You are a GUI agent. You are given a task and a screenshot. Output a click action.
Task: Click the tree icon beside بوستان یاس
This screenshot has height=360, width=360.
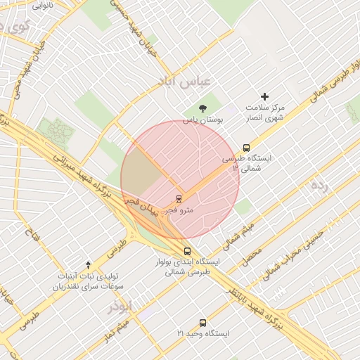203,108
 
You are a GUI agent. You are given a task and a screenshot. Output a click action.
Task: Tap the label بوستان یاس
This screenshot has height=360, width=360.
203,120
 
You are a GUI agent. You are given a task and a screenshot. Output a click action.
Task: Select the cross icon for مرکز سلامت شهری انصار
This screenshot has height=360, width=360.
264,96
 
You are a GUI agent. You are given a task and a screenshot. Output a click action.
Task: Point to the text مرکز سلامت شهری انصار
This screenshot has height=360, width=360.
265,112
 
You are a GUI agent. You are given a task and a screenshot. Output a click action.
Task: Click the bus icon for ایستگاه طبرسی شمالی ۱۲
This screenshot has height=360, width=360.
246,148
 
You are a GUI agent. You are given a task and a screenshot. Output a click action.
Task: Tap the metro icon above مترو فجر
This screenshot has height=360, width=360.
179,198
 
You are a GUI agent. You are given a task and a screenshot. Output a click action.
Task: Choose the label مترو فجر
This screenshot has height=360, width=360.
179,210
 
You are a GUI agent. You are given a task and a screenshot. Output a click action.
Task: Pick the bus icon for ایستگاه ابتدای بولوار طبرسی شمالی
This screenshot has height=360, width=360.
186,250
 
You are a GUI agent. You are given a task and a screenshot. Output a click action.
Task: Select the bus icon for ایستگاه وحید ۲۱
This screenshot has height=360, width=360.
202,323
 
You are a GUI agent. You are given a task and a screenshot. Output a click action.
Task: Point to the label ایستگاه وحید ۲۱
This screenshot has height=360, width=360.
202,333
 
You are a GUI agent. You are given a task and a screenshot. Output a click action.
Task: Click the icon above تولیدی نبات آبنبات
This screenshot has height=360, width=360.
88,264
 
